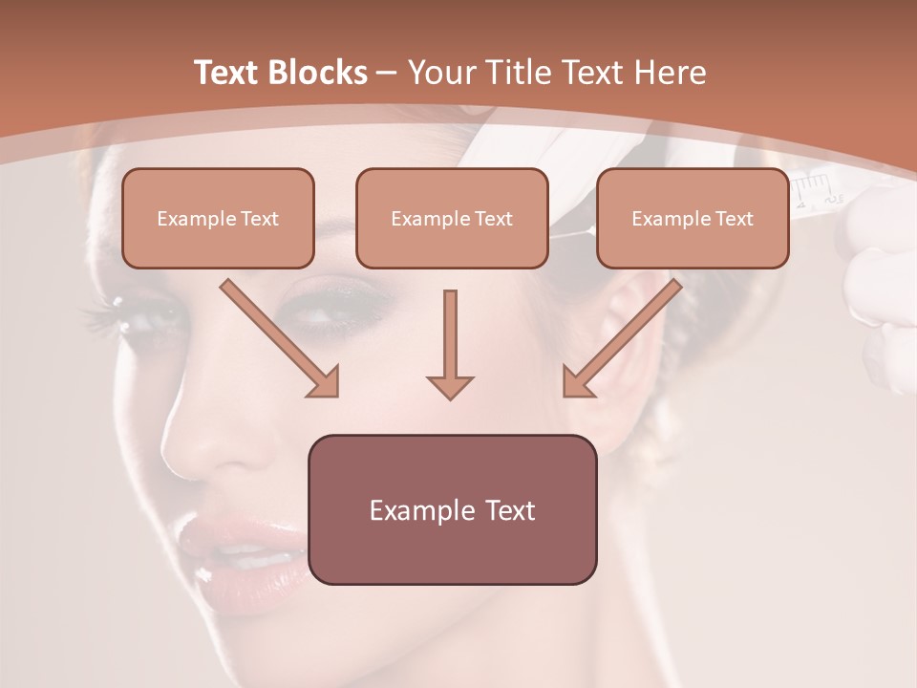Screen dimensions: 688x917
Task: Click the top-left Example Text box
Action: click(218, 218)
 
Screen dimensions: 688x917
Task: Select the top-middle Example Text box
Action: click(452, 218)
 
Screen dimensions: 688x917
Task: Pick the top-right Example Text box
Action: click(693, 218)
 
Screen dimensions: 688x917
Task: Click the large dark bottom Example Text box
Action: click(452, 509)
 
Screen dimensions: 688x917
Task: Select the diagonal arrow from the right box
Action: click(622, 338)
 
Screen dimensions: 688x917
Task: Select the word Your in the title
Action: click(440, 74)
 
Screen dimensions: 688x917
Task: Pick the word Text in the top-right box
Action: click(734, 219)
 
